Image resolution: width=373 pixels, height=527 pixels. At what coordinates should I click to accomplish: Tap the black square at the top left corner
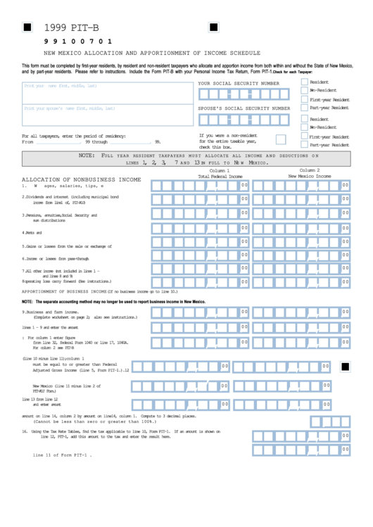(27, 27)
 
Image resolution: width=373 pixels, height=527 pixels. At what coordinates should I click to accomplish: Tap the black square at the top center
(213, 27)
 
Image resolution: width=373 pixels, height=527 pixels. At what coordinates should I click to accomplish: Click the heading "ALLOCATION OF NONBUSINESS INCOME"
(82, 179)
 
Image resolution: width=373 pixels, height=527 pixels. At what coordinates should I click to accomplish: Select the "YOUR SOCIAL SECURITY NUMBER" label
(238, 83)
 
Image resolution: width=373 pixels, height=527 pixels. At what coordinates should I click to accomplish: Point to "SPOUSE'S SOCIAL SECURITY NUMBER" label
(244, 108)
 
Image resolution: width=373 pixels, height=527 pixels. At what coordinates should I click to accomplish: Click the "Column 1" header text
(219, 170)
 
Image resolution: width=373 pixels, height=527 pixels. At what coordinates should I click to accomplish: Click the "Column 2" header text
(309, 170)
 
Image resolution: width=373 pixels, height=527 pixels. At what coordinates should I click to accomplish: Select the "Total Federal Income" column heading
(220, 176)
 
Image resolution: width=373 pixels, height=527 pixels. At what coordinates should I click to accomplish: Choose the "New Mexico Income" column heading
(310, 176)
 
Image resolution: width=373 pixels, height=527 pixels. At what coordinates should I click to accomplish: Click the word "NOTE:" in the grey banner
(88, 155)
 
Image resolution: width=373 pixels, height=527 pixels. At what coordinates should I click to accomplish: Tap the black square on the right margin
(345, 366)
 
